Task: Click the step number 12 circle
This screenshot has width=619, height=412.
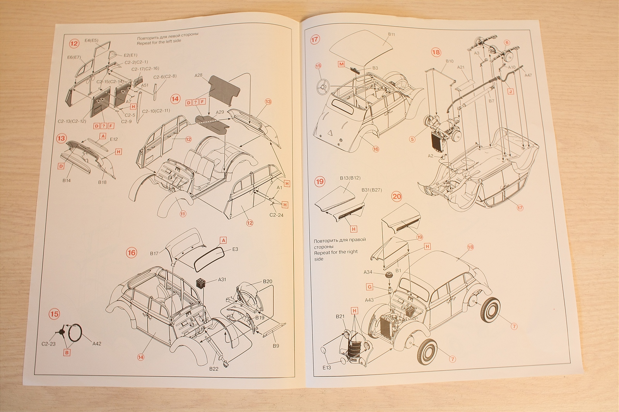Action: (74, 43)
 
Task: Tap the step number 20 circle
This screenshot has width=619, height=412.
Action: (397, 196)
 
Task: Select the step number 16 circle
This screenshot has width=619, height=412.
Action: (132, 253)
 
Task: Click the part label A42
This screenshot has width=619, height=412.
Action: (97, 344)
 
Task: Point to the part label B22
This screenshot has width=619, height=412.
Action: (214, 369)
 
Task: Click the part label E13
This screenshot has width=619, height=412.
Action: (327, 368)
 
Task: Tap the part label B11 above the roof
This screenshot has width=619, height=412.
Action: (392, 34)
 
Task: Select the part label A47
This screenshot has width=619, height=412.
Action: (528, 75)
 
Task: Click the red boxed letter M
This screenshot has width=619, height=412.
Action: (341, 64)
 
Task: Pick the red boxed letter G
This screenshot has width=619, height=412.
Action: (370, 287)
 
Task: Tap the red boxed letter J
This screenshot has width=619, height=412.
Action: (511, 92)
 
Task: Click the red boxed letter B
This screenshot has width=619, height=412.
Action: (67, 352)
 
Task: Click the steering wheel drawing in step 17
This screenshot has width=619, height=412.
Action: (323, 87)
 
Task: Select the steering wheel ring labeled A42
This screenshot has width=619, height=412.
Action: (75, 332)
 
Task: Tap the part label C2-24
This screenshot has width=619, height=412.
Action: (276, 215)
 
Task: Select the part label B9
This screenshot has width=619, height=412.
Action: (276, 346)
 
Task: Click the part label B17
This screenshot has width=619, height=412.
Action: (154, 254)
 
